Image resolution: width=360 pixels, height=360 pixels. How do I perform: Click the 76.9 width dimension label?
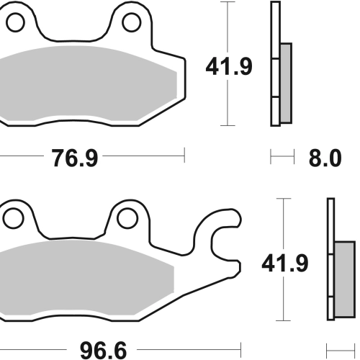(x=75, y=158)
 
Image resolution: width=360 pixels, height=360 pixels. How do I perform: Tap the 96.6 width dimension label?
(x=103, y=351)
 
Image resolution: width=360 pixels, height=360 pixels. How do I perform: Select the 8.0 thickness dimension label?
(x=325, y=158)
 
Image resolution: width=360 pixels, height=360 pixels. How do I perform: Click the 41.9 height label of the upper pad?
(x=229, y=66)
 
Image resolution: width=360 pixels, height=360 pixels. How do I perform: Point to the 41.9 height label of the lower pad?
(x=285, y=264)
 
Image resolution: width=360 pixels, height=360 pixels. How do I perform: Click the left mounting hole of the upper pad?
(x=15, y=22)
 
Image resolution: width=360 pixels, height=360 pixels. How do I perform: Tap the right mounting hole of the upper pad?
(x=131, y=22)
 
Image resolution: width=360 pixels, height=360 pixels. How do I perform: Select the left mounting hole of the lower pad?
(x=14, y=218)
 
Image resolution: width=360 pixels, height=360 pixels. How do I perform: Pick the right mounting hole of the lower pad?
(x=127, y=218)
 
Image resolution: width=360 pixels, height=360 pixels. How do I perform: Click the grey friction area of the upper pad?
(x=86, y=84)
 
